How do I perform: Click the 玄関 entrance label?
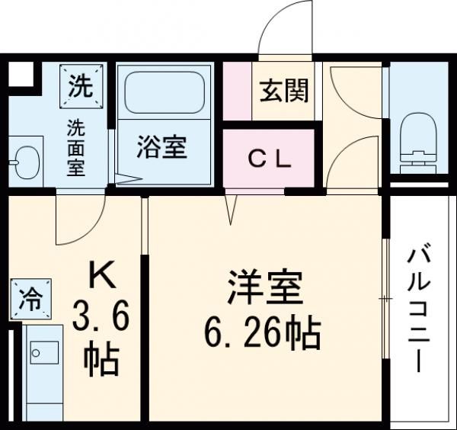click(x=284, y=92)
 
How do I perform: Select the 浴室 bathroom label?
click(x=161, y=147)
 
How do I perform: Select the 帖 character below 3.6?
click(x=101, y=359)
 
